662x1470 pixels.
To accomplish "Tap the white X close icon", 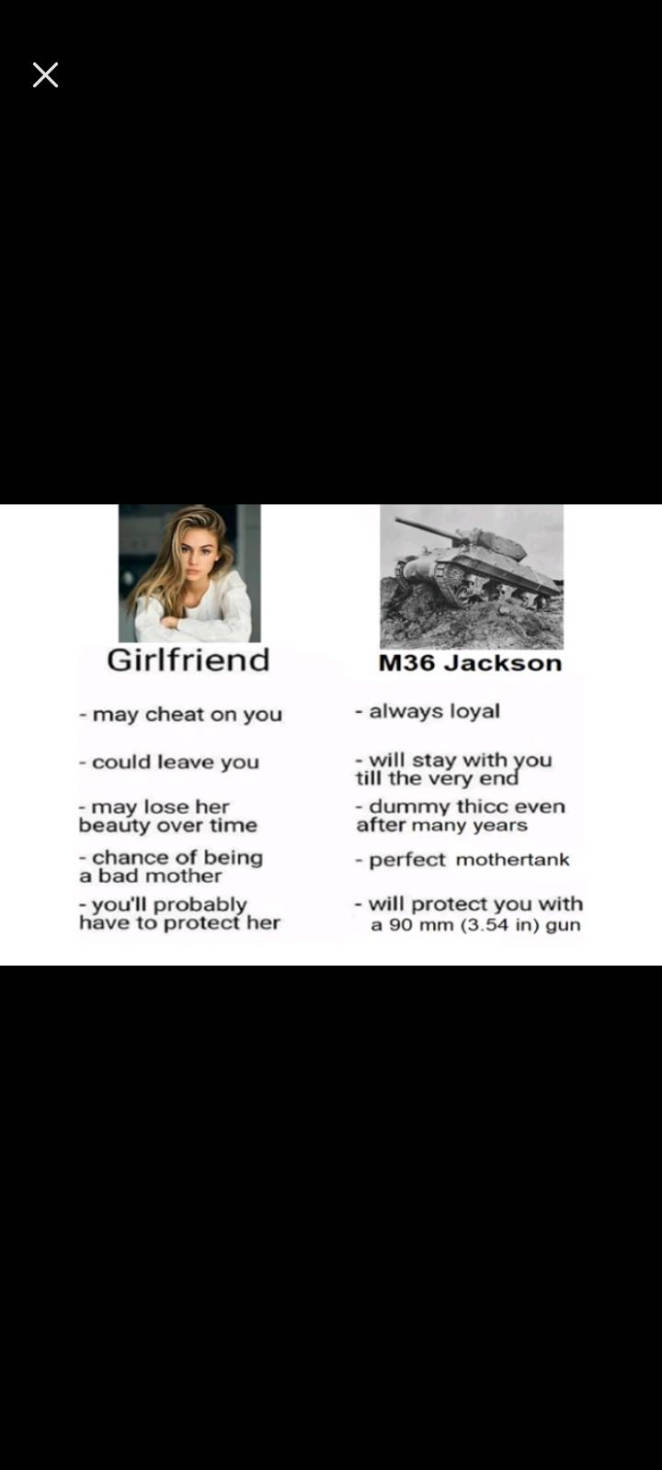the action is pyautogui.click(x=45, y=74).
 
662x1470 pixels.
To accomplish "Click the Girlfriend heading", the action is pyautogui.click(x=188, y=661).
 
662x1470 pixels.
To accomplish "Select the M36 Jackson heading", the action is pyautogui.click(x=470, y=662).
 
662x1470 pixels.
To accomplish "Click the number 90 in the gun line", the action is pyautogui.click(x=399, y=925).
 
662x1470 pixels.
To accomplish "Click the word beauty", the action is pyautogui.click(x=114, y=826).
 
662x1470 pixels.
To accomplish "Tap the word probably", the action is pyautogui.click(x=200, y=906).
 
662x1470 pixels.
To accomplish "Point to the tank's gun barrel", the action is pyautogui.click(x=431, y=529).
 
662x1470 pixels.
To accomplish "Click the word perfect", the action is pyautogui.click(x=407, y=860).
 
